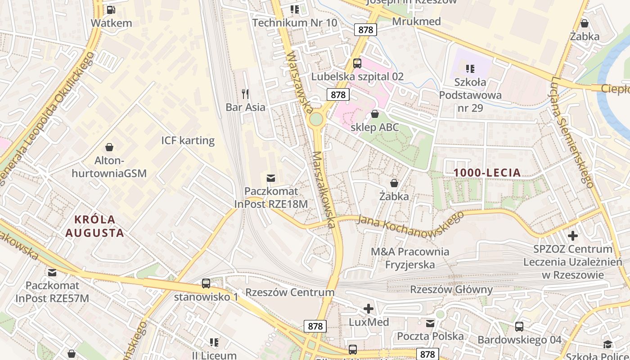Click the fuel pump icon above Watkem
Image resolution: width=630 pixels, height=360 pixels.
click(x=111, y=9)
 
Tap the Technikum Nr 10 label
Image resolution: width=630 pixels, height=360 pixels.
click(x=295, y=22)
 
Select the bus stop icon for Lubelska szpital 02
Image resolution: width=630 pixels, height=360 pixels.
click(x=357, y=63)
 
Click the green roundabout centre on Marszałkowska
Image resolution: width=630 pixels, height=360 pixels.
click(x=316, y=119)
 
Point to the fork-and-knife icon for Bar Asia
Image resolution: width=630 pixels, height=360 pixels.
click(x=245, y=94)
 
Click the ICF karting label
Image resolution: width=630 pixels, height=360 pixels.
click(x=188, y=140)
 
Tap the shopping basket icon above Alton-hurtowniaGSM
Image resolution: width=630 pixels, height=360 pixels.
click(x=109, y=147)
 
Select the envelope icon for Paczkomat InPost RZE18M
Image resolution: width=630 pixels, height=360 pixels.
click(x=271, y=178)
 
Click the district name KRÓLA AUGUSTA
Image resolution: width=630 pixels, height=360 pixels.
click(x=94, y=226)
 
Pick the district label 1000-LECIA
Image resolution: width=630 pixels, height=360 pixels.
click(x=487, y=172)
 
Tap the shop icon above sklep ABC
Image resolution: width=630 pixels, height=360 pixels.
click(x=374, y=114)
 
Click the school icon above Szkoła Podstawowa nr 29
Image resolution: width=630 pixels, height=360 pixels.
click(x=470, y=69)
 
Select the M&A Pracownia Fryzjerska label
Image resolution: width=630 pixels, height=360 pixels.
click(x=409, y=258)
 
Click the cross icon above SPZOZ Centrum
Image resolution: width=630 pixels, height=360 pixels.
click(x=572, y=235)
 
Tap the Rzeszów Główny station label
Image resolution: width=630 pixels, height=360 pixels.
click(x=451, y=289)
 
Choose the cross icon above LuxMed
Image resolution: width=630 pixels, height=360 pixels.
click(x=369, y=309)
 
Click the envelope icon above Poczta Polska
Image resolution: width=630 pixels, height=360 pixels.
click(x=430, y=323)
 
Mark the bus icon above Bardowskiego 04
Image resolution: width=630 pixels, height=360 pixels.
click(x=519, y=327)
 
